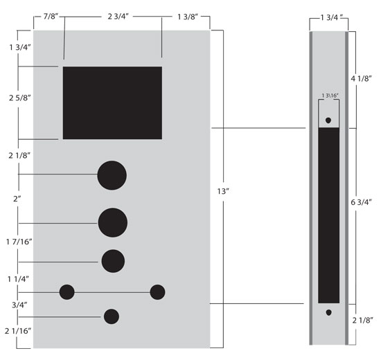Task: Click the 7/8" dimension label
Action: [x=51, y=17]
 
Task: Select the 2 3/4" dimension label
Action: [x=118, y=17]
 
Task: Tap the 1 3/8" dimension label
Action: [x=188, y=17]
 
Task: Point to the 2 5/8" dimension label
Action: [x=20, y=98]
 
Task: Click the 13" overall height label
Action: [x=223, y=191]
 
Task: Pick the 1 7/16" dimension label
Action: [x=19, y=242]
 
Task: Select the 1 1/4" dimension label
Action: [x=18, y=279]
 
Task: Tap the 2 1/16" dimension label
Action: [x=18, y=331]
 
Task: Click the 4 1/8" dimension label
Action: [x=362, y=78]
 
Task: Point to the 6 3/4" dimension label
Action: [x=362, y=202]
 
